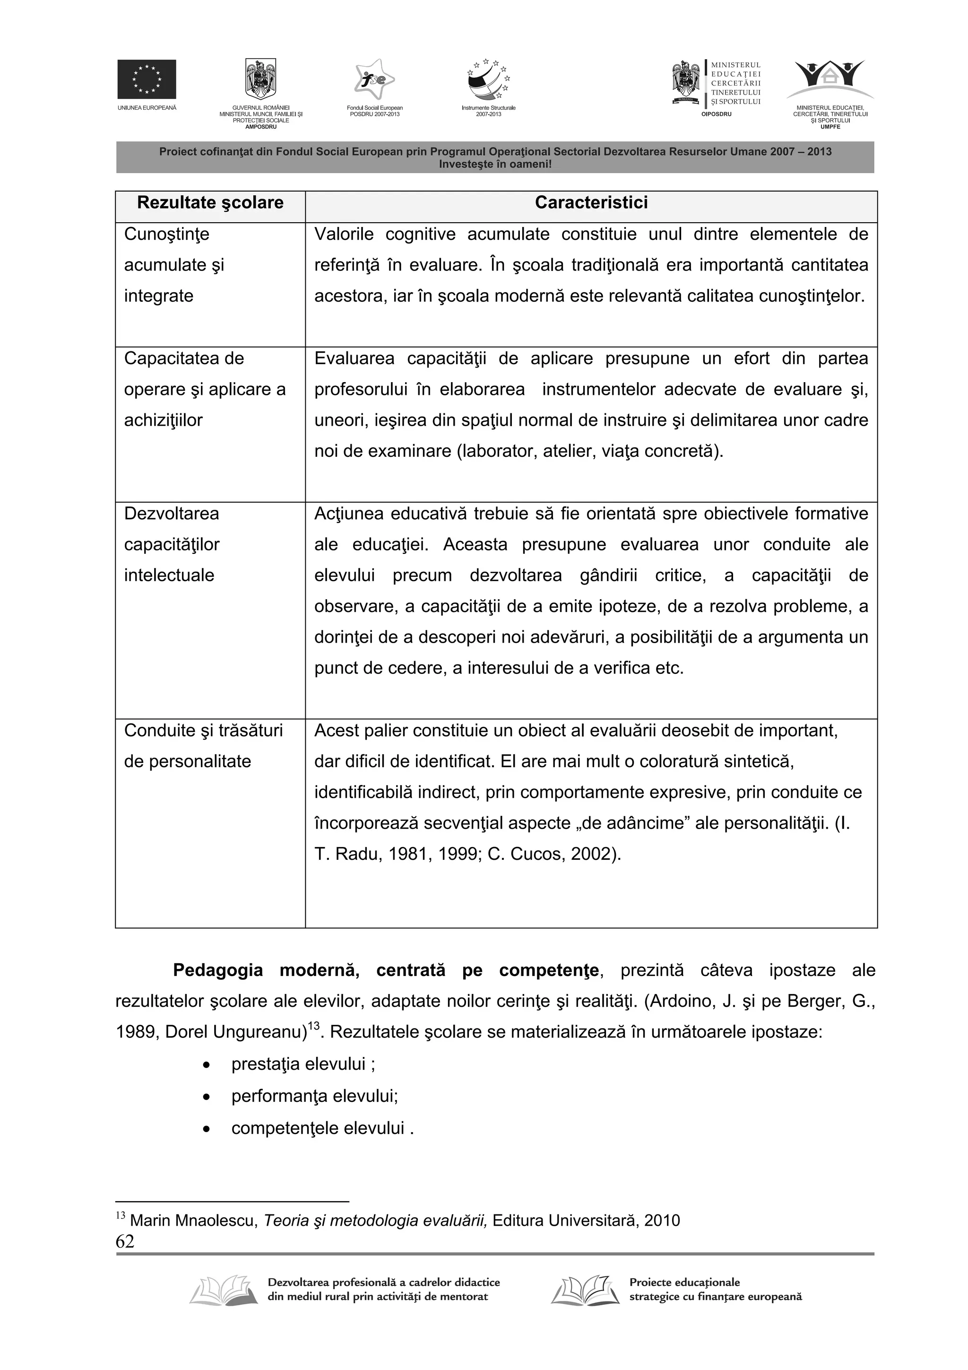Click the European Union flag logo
[147, 79]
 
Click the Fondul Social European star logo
[374, 80]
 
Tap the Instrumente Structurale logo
[488, 80]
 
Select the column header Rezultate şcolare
[210, 203]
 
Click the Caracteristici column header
[591, 203]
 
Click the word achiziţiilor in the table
[164, 420]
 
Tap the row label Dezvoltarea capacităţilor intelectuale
[172, 544]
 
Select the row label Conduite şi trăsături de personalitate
[203, 746]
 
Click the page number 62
[125, 1241]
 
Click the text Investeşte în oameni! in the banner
[495, 164]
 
